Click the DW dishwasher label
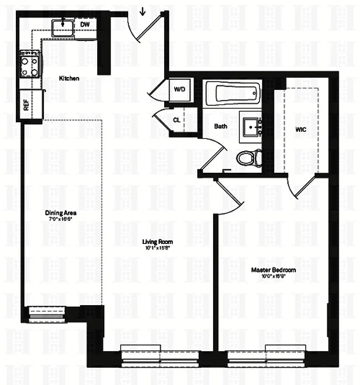point(85,25)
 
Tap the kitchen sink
point(63,25)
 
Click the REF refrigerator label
point(26,105)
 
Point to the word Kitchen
point(69,78)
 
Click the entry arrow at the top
point(142,10)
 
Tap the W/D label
point(180,90)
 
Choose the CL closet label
point(177,119)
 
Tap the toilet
point(250,156)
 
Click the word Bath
point(220,127)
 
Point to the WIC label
point(301,129)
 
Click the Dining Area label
point(61,213)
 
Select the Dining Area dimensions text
point(61,219)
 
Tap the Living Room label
point(157,242)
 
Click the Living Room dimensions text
point(157,248)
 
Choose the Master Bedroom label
point(273,270)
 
